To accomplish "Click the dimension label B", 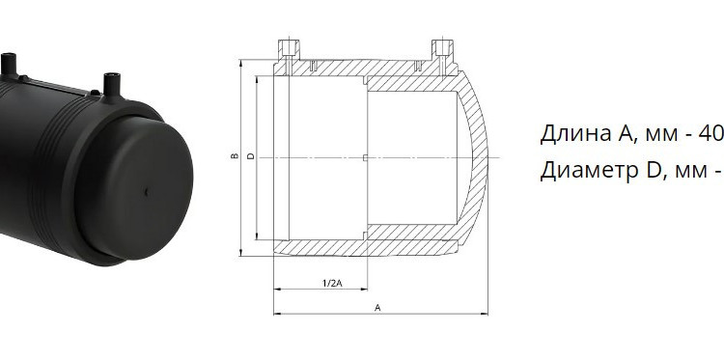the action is pyautogui.click(x=235, y=156).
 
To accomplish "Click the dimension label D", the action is pyautogui.click(x=251, y=156).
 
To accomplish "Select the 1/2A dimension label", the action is pyautogui.click(x=332, y=283).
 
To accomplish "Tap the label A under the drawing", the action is pyautogui.click(x=377, y=307).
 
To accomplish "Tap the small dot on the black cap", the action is pyautogui.click(x=146, y=192).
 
